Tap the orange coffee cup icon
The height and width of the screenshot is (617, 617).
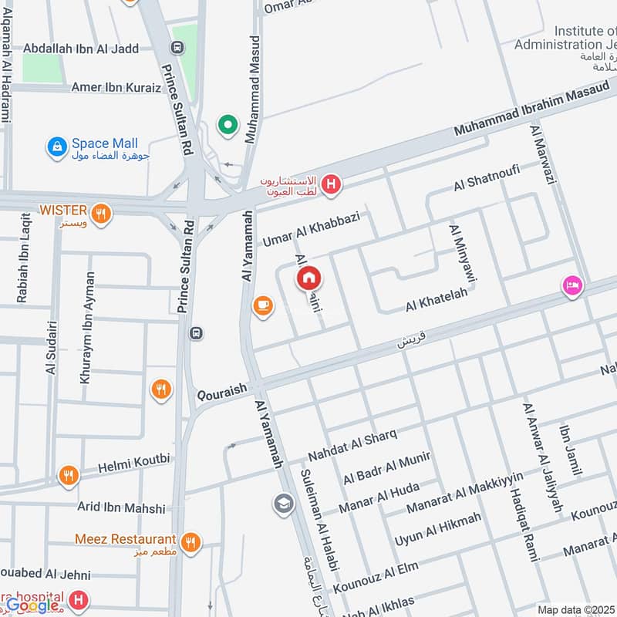tap(263, 306)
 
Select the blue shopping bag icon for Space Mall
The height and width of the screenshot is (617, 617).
tap(56, 147)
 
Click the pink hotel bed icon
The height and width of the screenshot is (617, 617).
tap(572, 286)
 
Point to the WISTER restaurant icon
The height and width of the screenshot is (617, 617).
tap(100, 214)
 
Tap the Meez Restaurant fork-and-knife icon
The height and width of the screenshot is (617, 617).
tap(191, 541)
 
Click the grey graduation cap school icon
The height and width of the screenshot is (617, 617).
tap(283, 504)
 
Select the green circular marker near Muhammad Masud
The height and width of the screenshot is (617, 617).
tap(228, 124)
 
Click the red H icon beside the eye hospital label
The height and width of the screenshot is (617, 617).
tap(331, 184)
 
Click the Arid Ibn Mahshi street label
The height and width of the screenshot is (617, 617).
tap(121, 508)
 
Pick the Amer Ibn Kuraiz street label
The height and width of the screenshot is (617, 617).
tap(116, 87)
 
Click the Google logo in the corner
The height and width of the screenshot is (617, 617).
tap(32, 605)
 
